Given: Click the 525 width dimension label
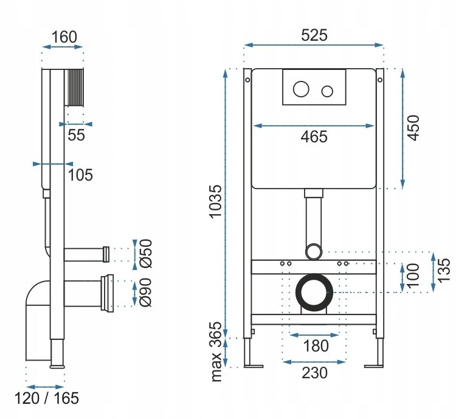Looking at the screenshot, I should coord(314,35).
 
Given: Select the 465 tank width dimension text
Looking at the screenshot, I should coord(314,137).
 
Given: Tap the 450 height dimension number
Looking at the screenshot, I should coord(413,128).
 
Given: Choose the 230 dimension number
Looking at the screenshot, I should coord(314,372).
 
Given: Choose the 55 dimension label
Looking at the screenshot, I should coord(76,135).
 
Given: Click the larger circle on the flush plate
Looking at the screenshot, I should coord(301,89).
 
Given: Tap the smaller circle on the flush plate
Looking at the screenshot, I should coord(327,91).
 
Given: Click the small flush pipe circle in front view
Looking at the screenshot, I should coord(314,251).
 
